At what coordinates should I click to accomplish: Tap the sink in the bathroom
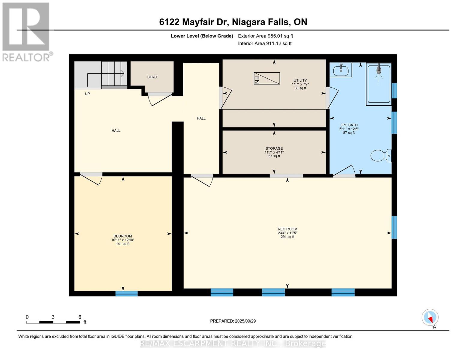click(x=341, y=70)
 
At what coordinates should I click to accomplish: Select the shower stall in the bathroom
click(x=379, y=84)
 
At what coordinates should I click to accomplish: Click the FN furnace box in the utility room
click(x=267, y=78)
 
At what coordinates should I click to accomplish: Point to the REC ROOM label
click(x=287, y=229)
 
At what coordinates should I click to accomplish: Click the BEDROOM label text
click(x=122, y=236)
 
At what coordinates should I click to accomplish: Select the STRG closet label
click(x=152, y=77)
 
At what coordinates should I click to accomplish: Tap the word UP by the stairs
click(x=87, y=94)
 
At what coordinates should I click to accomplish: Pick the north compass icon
click(x=430, y=317)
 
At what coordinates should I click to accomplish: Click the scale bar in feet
click(x=53, y=322)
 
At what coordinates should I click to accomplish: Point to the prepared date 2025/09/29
click(x=233, y=321)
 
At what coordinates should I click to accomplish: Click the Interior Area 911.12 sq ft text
click(x=265, y=43)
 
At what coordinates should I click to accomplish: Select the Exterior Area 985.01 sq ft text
click(x=265, y=36)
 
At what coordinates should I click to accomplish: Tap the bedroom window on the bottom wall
click(x=127, y=293)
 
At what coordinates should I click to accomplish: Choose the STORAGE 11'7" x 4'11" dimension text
click(x=274, y=152)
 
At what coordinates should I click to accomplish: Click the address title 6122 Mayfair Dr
click(x=233, y=22)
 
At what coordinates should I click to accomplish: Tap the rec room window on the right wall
click(x=394, y=227)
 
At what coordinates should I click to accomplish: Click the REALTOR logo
click(x=26, y=31)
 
